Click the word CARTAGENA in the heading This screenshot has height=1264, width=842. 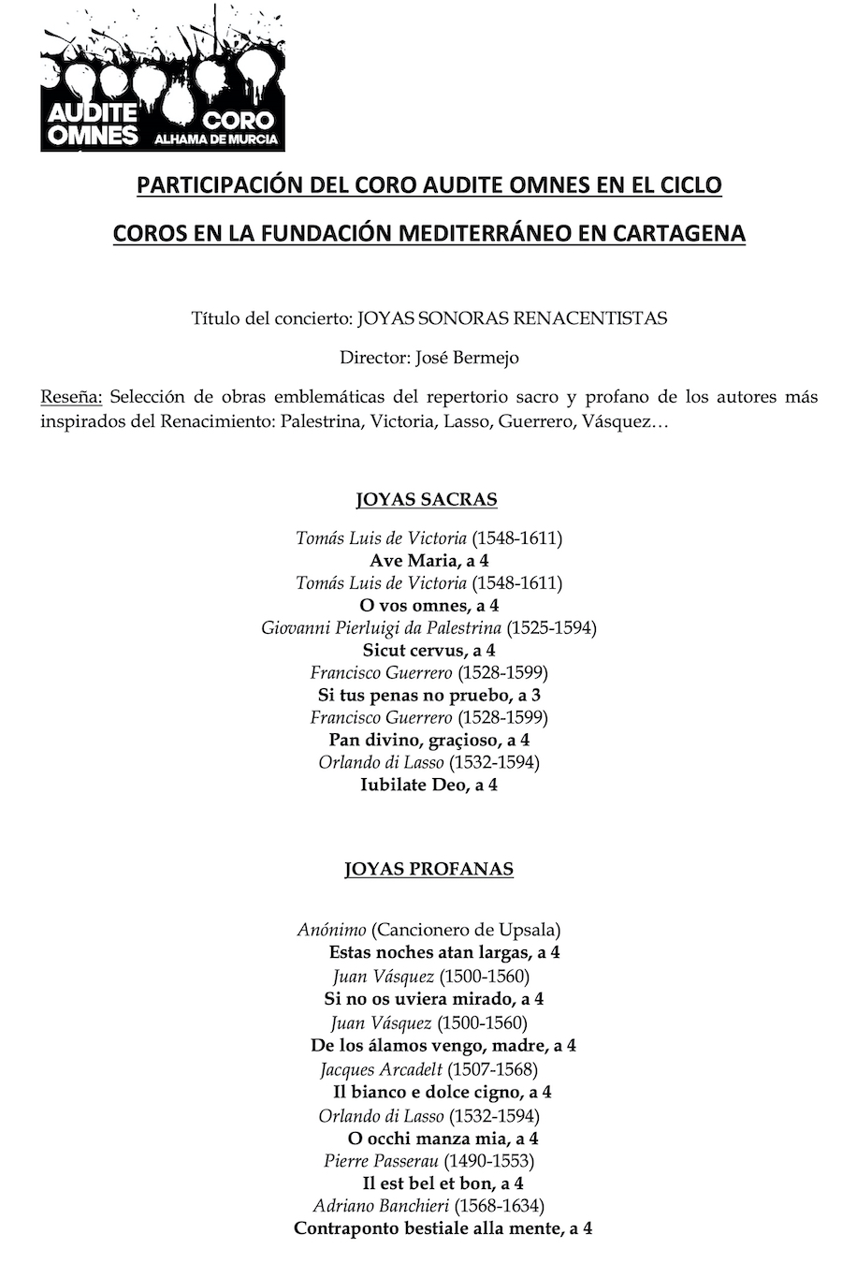(x=679, y=233)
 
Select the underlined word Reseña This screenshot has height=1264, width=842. (x=71, y=396)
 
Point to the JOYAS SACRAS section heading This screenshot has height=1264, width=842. (x=427, y=499)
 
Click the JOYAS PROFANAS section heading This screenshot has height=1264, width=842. (x=428, y=869)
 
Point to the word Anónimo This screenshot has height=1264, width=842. (x=331, y=930)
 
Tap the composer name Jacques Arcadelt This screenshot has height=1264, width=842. (x=381, y=1069)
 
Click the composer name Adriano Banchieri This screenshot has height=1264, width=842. (x=385, y=1206)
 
